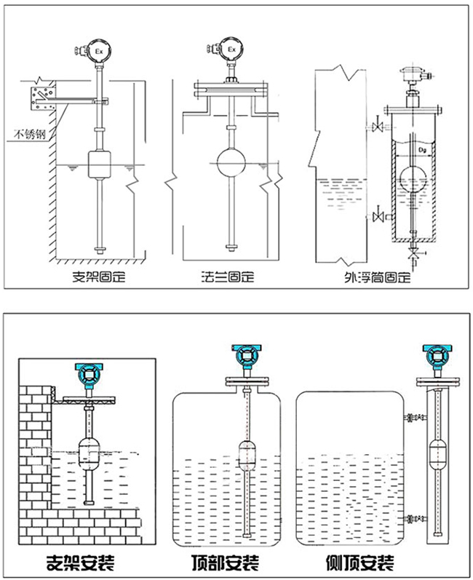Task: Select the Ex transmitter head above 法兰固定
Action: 233,49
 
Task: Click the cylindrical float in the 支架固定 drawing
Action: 98,163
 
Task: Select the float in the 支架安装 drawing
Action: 92,456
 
